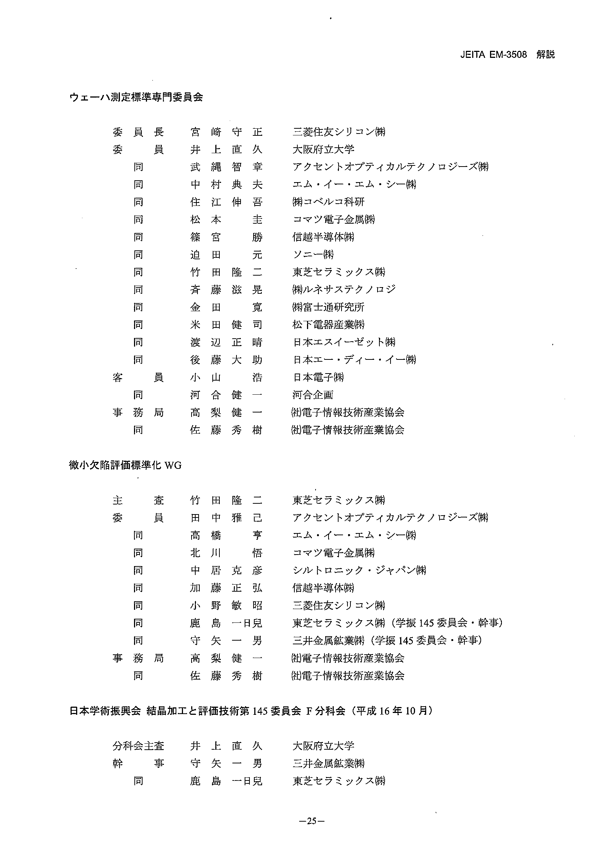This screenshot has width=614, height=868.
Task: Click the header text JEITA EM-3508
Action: point(493,55)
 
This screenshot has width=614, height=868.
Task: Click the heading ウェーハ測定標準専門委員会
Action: point(136,97)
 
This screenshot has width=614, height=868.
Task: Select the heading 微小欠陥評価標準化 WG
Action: point(125,466)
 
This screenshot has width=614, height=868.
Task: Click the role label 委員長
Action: point(138,132)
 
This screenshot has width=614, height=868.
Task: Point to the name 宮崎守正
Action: point(226,132)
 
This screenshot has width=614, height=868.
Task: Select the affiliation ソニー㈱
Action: point(313,255)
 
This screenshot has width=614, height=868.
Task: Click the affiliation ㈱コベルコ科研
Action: point(328,202)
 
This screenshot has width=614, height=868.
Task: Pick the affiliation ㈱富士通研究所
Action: point(328,308)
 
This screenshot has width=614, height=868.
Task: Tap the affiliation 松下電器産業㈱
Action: point(329,325)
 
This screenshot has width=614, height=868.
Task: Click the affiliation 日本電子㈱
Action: point(318,377)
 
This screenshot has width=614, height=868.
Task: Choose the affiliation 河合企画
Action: point(313,395)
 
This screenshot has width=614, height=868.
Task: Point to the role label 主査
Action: point(138,500)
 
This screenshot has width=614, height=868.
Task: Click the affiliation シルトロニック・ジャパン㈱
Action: point(359,571)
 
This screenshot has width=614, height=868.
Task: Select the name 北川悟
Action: point(226,553)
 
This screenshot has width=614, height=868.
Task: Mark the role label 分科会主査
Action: point(138,746)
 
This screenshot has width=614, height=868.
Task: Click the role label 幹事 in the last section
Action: point(138,764)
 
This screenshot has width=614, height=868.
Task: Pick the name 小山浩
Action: point(226,377)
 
